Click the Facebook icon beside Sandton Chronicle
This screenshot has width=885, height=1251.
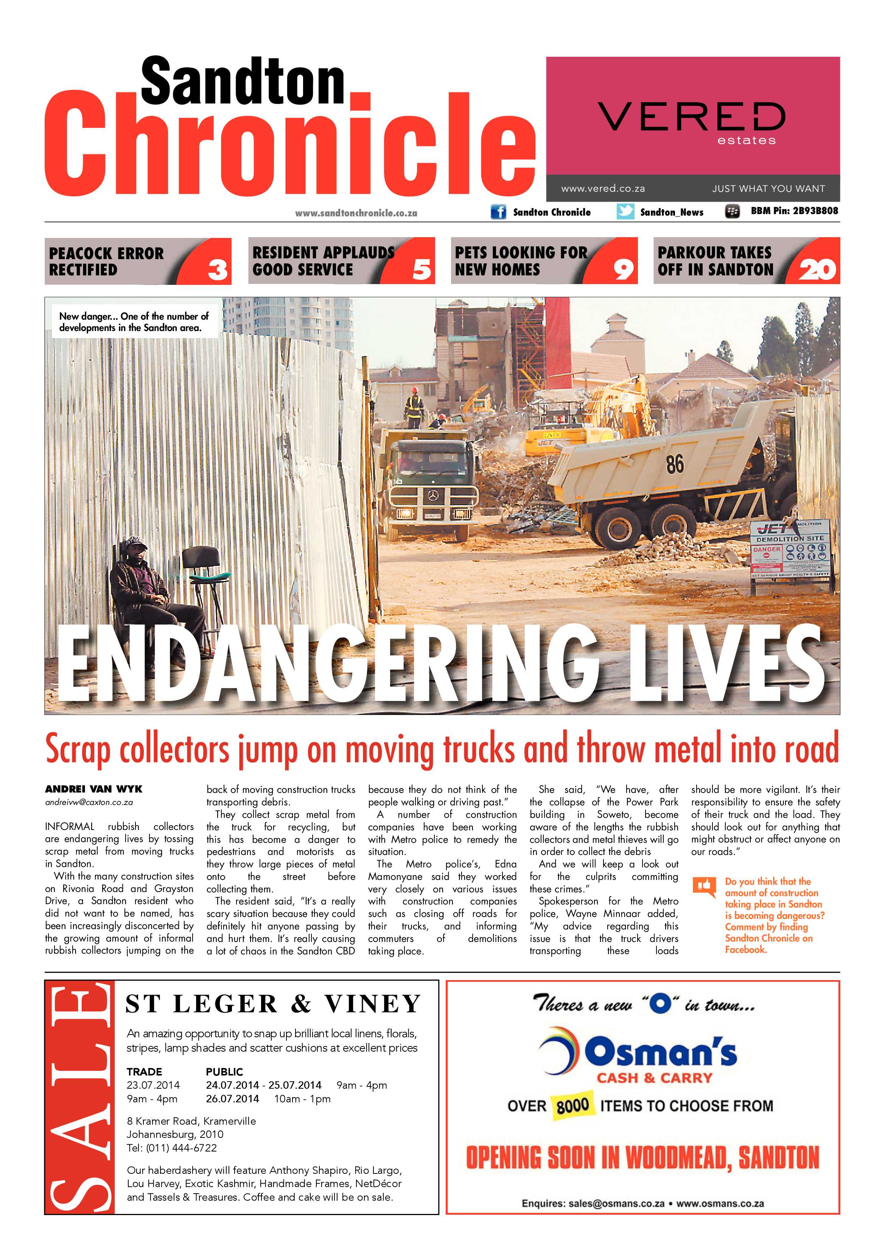pos(498,211)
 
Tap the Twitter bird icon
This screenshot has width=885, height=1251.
pos(625,211)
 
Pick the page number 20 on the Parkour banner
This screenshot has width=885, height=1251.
pos(817,269)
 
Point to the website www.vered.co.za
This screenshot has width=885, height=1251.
pos(603,188)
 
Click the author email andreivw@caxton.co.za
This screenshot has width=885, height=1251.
pos(89,802)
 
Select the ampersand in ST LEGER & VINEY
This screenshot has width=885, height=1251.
pos(300,1004)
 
